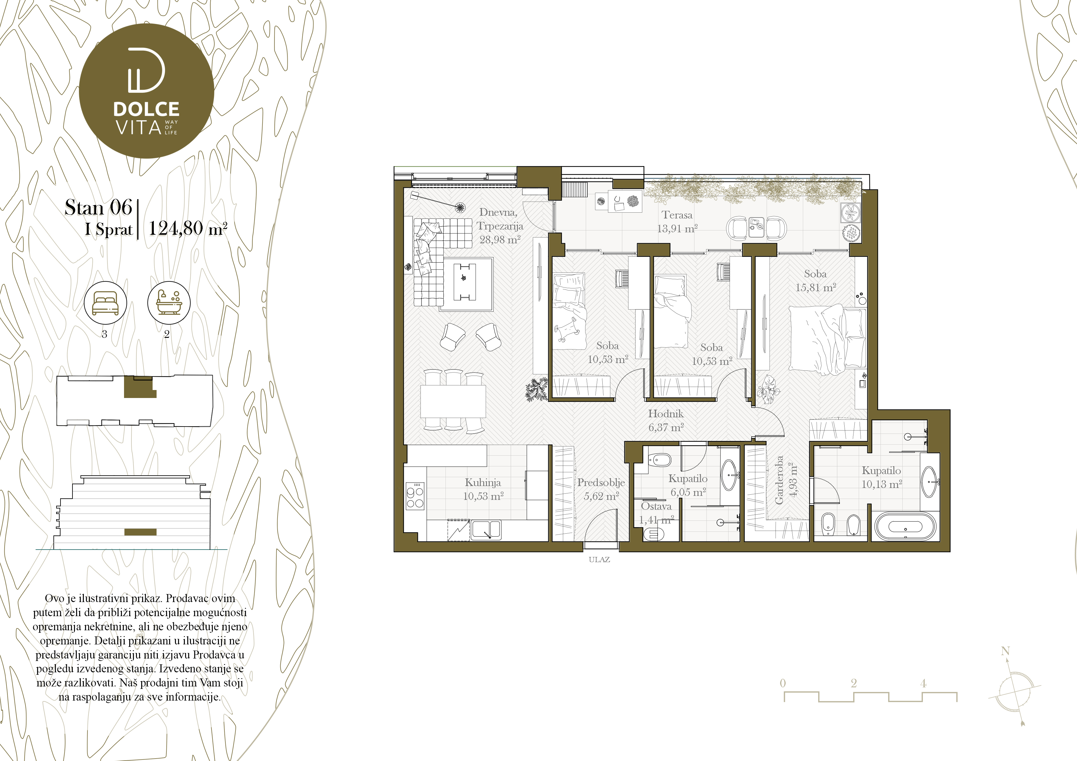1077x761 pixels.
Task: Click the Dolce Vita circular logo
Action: tap(146, 91)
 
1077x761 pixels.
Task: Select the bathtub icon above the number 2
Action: tap(169, 303)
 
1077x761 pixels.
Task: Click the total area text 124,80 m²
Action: tap(188, 229)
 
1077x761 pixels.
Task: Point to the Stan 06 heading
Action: tap(99, 207)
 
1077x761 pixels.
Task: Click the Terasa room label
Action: tap(677, 215)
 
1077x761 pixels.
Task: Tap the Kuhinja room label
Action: tap(483, 482)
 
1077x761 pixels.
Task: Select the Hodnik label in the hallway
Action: tap(666, 414)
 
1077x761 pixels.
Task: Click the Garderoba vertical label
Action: tap(779, 480)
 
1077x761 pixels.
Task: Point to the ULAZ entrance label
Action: tap(599, 559)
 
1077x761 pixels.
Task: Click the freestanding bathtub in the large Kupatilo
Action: tap(905, 526)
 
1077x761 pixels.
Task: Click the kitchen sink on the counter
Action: tap(486, 530)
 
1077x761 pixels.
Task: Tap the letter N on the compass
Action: tap(1005, 651)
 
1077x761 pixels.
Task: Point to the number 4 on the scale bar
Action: tap(923, 683)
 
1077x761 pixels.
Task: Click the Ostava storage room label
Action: tap(656, 506)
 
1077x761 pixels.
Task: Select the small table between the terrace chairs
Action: tap(756, 227)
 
